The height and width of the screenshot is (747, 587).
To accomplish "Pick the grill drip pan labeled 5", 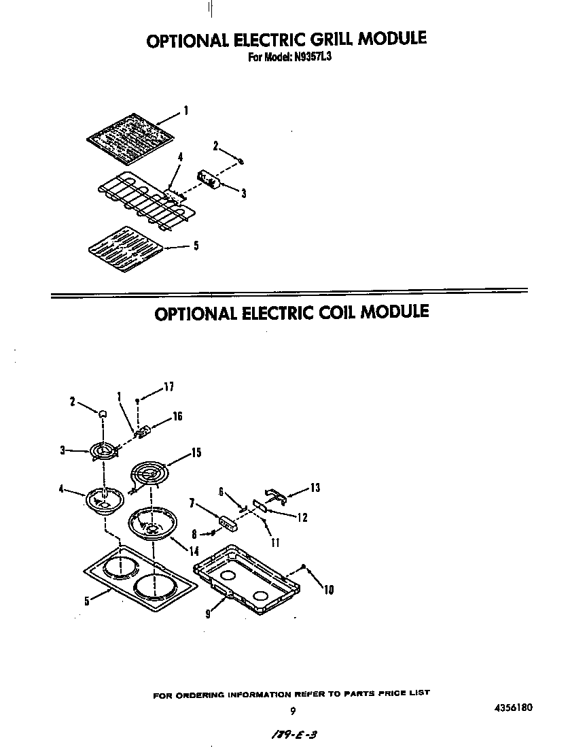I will [x=128, y=248].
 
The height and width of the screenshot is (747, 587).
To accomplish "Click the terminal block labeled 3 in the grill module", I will [x=208, y=180].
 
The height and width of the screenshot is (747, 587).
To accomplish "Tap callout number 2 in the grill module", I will [x=215, y=145].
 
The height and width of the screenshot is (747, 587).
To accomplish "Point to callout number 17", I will [x=168, y=387].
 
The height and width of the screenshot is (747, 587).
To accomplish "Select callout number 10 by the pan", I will [x=329, y=590].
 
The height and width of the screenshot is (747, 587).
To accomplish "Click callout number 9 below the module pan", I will [x=208, y=613].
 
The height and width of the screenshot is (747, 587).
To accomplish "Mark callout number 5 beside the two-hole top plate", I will [x=87, y=600].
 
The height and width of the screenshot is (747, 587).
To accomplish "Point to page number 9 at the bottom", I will [x=292, y=712].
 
